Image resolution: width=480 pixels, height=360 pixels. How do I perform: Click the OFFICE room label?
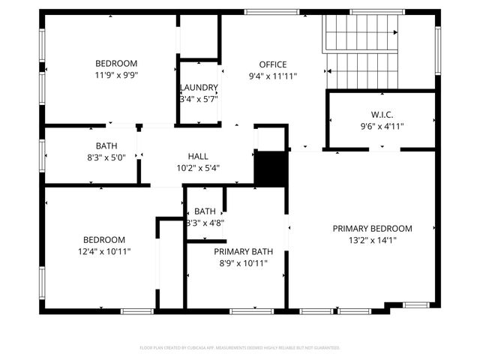click(x=272, y=64)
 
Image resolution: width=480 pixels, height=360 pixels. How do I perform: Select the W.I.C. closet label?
click(x=382, y=115)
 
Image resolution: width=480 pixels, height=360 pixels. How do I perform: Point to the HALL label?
click(x=198, y=156)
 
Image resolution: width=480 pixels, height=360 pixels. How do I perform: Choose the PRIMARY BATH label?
click(x=243, y=252)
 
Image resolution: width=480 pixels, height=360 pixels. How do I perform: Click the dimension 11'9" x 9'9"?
click(x=116, y=75)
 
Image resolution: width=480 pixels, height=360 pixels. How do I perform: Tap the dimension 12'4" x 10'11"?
click(x=104, y=251)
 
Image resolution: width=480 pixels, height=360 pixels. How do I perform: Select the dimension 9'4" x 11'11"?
click(x=272, y=76)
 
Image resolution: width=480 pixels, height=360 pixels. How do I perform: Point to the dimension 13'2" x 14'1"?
click(x=373, y=240)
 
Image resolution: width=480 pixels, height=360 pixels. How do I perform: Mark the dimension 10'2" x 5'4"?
click(x=198, y=167)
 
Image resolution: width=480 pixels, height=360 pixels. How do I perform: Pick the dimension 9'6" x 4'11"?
click(x=382, y=126)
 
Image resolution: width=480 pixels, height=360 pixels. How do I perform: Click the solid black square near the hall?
click(x=271, y=168)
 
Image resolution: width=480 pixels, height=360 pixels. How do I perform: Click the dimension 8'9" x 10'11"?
click(x=243, y=263)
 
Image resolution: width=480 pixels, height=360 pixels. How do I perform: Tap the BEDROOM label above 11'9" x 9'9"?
click(x=115, y=64)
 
